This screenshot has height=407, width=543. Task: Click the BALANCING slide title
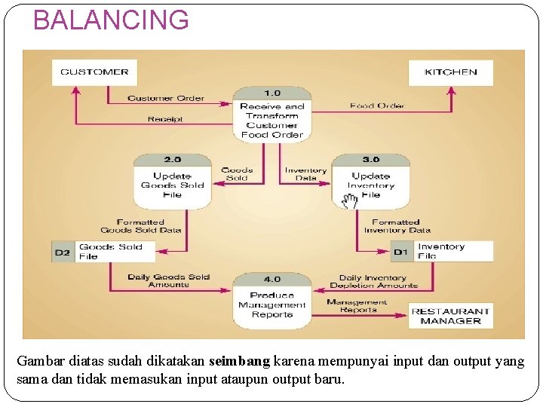coord(111,20)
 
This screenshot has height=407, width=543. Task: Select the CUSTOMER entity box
coord(94,72)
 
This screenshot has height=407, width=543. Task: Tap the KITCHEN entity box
coord(450,72)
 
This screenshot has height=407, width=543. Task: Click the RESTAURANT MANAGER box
coord(450,316)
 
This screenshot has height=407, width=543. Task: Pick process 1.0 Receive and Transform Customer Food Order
coord(271,115)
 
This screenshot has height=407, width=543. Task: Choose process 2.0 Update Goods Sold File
coord(172,180)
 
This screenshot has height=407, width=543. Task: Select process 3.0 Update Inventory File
coord(370,180)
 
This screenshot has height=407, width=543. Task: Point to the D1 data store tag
coord(400,252)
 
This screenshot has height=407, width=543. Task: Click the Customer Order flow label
coord(165,99)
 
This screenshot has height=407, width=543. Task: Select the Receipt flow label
coord(165,119)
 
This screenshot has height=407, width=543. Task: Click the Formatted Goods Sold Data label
coord(141,226)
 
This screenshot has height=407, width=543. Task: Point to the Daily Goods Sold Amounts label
coord(169,280)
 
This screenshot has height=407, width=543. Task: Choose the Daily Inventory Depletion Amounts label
coord(373,281)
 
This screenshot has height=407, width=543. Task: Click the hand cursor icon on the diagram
coord(349,200)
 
